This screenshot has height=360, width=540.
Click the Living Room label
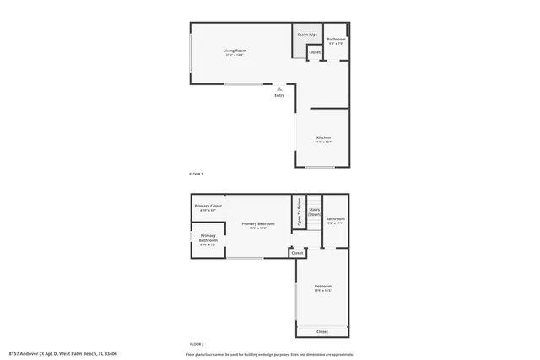point(235,53)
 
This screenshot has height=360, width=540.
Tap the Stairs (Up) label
point(306,35)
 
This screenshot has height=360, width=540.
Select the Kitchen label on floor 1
point(323,139)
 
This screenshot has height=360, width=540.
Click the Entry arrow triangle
point(279,88)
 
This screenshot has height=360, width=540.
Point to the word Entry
point(279,95)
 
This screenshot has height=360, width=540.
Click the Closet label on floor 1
point(314,52)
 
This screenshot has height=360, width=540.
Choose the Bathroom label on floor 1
point(335,40)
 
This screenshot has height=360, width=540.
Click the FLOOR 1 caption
point(196,174)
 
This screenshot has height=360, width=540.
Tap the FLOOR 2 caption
point(196,344)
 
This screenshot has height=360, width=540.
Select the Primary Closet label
point(208,207)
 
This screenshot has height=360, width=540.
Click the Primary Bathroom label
point(208,238)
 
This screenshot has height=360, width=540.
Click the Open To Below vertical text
point(300,212)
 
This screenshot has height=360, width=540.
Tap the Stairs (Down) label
point(314,212)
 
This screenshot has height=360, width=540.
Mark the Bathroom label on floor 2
point(335,221)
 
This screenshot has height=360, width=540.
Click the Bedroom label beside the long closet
point(322,288)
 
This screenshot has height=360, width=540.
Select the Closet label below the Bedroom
point(322,331)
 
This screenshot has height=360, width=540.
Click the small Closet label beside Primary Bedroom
point(297,253)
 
